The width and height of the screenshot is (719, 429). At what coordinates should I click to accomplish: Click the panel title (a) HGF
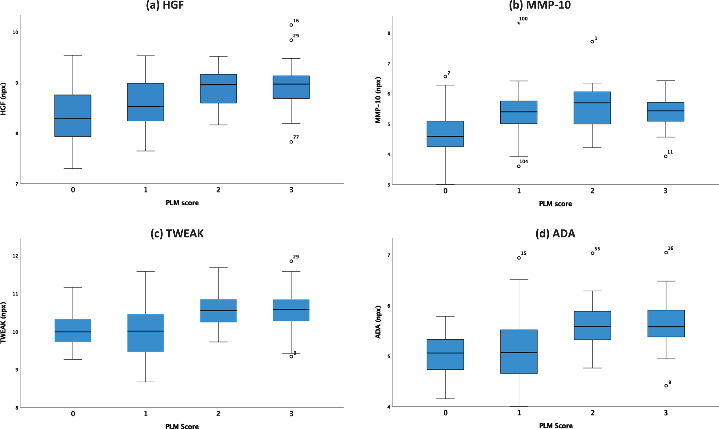click(x=165, y=5)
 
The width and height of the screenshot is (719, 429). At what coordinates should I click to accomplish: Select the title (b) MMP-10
click(x=540, y=5)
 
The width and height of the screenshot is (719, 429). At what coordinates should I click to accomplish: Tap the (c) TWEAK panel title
click(x=177, y=234)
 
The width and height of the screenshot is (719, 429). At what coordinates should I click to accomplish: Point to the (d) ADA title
click(x=555, y=234)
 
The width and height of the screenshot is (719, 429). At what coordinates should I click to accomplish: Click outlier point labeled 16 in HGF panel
click(x=291, y=25)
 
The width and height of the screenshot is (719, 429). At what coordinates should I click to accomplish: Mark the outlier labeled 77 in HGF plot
click(x=291, y=142)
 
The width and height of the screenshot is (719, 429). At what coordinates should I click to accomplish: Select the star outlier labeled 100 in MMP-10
click(x=519, y=23)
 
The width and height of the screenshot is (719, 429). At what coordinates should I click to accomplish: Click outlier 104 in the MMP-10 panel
click(x=519, y=166)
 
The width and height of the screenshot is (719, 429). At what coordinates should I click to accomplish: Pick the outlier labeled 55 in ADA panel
click(x=593, y=253)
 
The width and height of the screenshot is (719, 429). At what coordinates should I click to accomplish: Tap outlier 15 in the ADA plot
click(x=519, y=258)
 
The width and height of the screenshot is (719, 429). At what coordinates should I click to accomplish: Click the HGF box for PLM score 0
click(x=73, y=116)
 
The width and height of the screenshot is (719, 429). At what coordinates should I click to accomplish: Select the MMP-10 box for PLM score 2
click(x=592, y=108)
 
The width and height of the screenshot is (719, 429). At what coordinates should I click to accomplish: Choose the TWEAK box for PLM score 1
click(x=146, y=333)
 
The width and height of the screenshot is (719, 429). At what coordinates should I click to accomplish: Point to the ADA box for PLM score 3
click(x=666, y=323)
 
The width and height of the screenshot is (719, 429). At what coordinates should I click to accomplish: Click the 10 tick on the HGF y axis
click(x=15, y=32)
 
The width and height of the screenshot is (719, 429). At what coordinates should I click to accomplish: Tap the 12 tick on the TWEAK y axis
click(x=15, y=256)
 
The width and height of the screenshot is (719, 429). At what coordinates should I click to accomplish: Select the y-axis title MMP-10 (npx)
click(x=378, y=100)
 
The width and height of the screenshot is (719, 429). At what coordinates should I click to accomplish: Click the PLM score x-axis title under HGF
click(x=182, y=203)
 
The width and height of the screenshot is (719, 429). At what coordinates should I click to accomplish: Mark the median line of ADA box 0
click(x=445, y=353)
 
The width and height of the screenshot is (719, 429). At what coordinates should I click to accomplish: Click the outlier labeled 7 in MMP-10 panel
click(x=445, y=77)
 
